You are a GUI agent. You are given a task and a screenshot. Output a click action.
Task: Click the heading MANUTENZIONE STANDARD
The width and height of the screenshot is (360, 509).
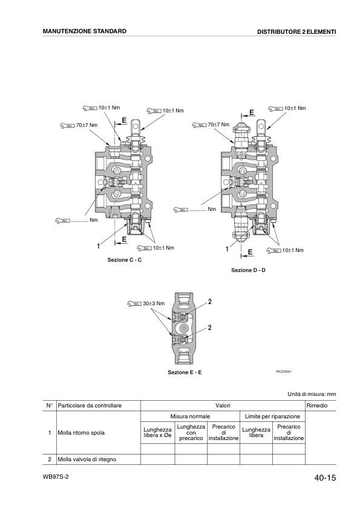click(84, 31)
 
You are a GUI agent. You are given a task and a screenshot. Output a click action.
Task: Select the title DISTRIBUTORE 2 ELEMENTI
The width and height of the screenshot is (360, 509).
click(296, 31)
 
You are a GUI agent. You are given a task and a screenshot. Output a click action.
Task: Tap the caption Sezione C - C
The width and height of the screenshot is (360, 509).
click(124, 260)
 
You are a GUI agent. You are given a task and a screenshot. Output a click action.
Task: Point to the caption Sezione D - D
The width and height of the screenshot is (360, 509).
click(248, 270)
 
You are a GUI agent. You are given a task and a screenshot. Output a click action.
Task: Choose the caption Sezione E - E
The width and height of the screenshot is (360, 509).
click(185, 372)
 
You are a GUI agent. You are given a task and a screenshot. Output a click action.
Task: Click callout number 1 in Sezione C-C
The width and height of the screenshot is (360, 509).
click(97, 246)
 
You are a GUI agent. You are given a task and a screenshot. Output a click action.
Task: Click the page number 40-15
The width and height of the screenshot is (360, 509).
click(325, 478)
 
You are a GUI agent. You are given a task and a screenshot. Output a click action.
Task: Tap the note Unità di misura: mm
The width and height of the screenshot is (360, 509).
click(311, 394)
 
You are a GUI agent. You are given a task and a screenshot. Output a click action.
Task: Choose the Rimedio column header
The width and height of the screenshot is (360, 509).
click(316, 405)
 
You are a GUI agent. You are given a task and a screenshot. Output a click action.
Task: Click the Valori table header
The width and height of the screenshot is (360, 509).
click(223, 405)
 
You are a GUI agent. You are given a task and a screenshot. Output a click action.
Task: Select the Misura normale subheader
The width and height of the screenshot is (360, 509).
click(190, 417)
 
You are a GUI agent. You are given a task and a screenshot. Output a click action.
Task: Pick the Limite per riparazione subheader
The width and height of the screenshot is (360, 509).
click(272, 417)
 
